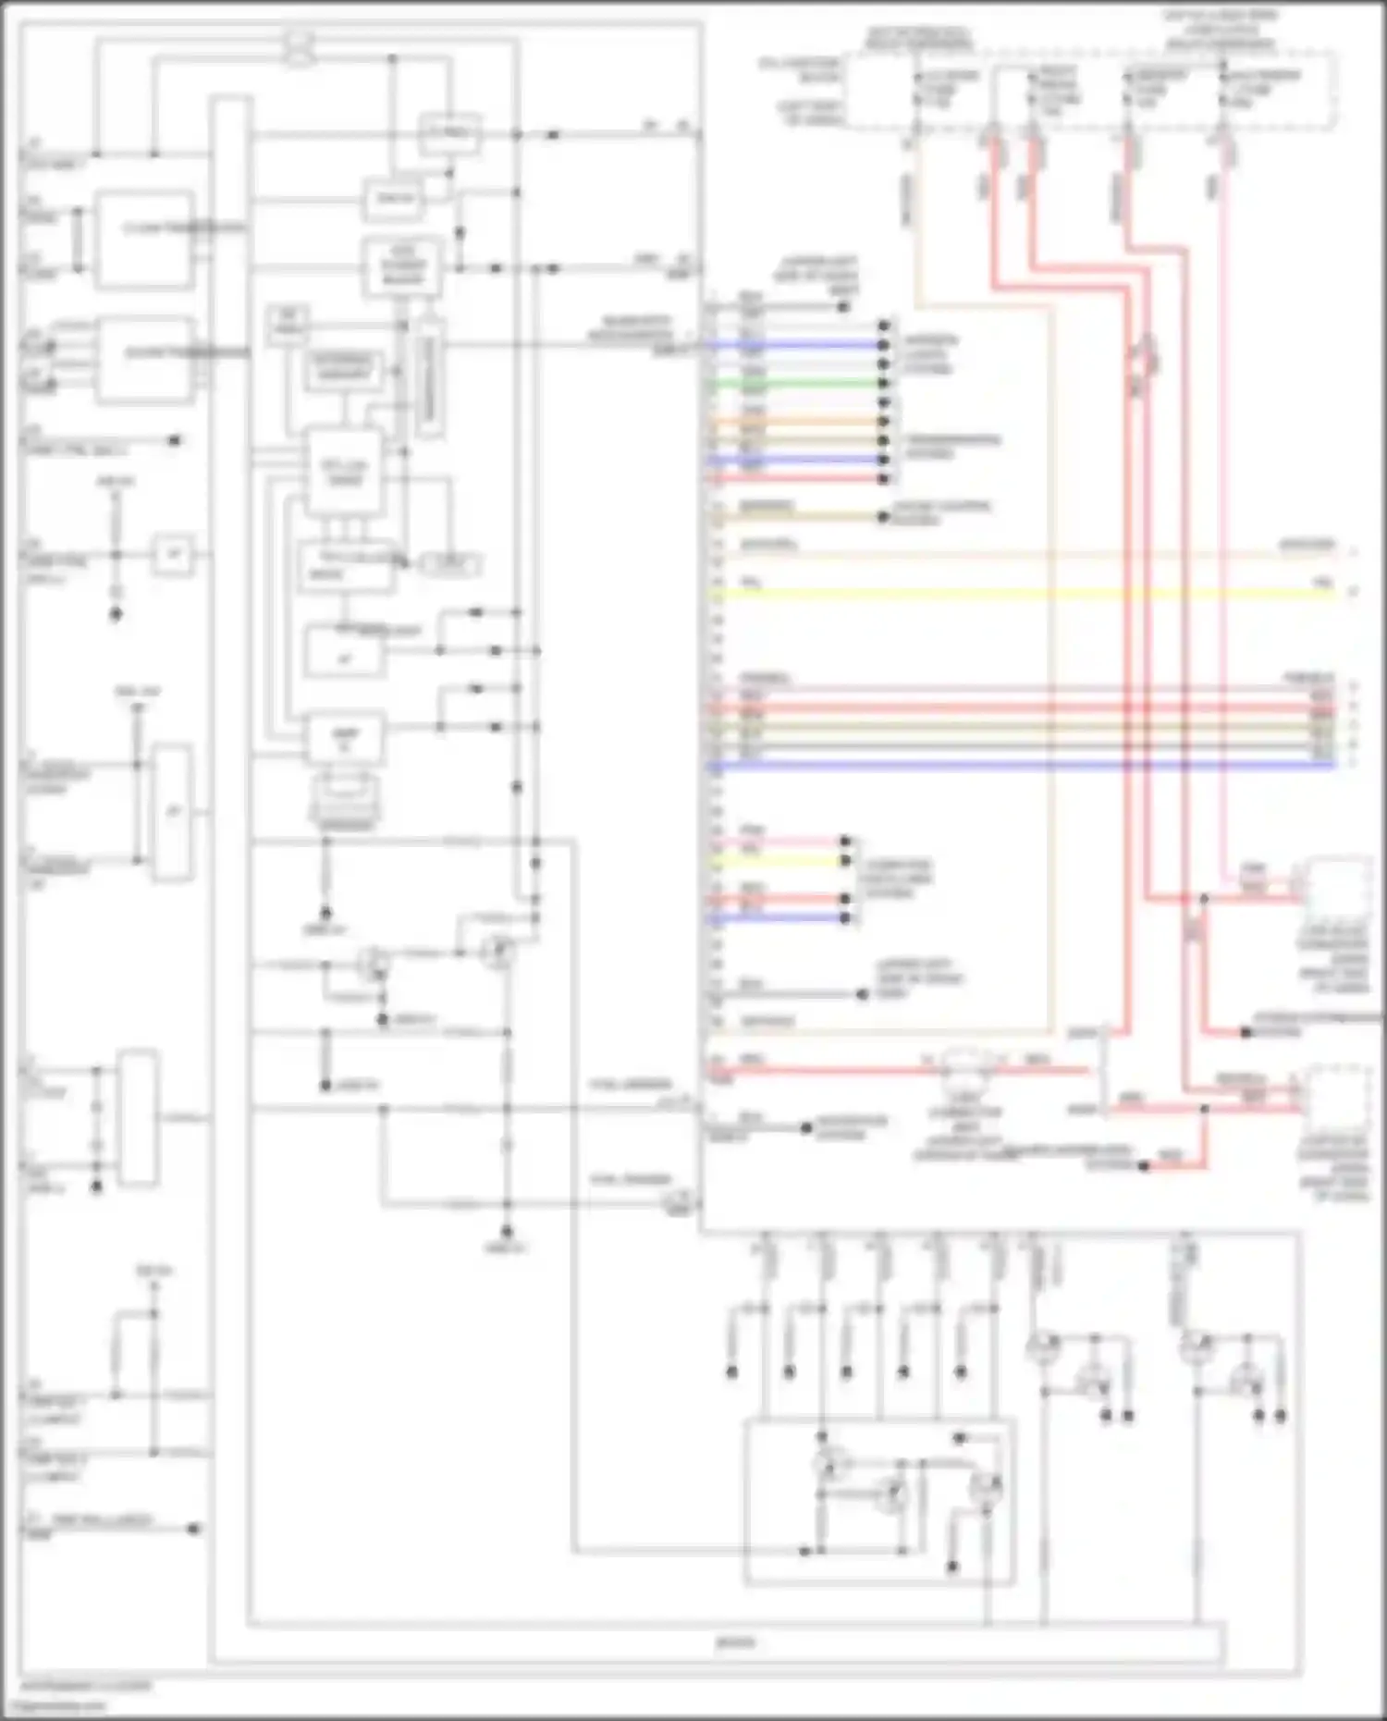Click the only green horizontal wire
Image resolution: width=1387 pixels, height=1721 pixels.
tap(795, 383)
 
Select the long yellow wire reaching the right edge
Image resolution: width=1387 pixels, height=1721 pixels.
tap(1017, 593)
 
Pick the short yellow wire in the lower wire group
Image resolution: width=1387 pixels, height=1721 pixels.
tap(777, 861)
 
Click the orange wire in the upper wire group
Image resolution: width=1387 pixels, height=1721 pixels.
tap(795, 422)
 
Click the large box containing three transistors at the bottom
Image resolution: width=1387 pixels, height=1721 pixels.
tap(879, 1502)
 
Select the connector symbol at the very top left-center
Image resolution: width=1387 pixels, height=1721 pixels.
tap(299, 49)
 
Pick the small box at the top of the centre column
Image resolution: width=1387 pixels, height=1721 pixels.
tap(449, 135)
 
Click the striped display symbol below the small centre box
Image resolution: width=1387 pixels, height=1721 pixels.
tap(344, 800)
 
